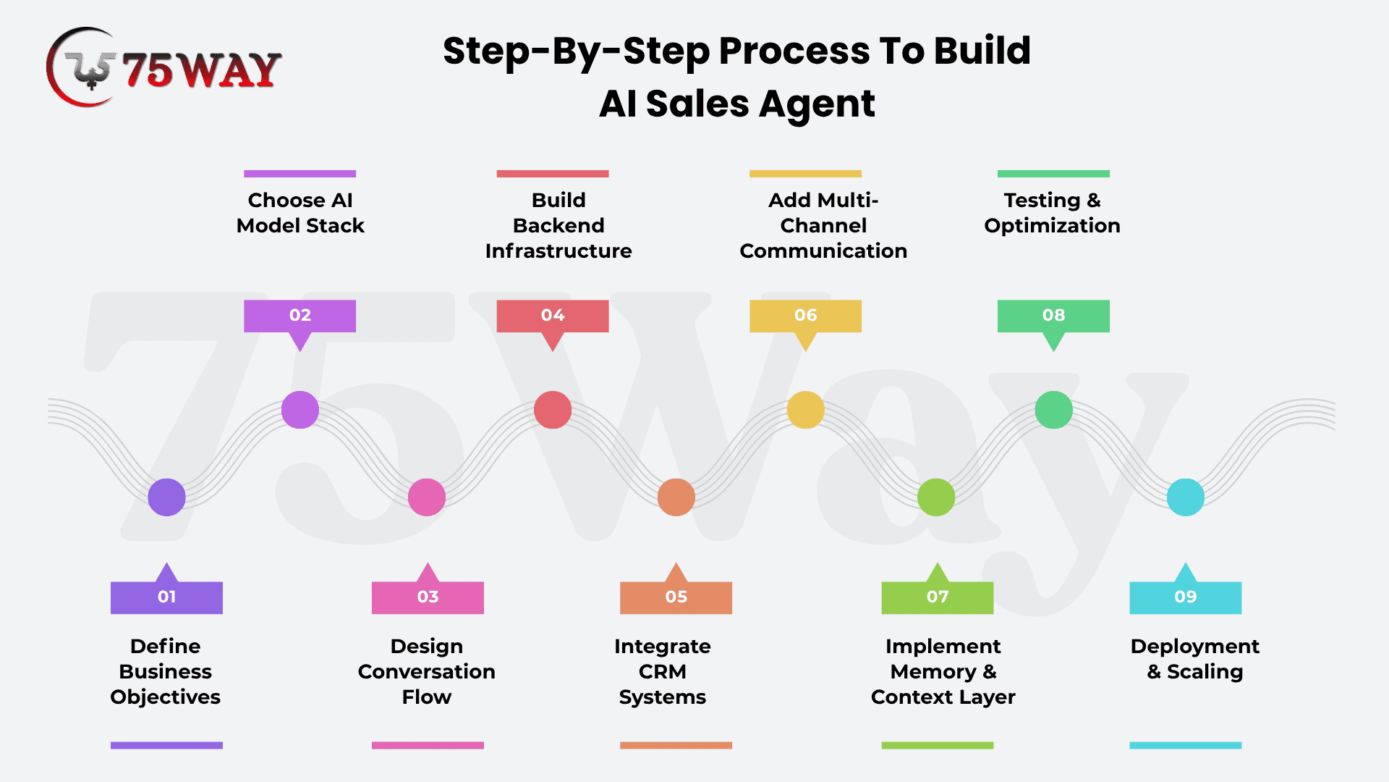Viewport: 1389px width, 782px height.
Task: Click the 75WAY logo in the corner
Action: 164,67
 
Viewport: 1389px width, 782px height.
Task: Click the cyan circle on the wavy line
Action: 1186,497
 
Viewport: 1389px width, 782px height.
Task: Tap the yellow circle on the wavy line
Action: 805,410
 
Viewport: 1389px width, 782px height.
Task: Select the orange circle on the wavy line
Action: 676,497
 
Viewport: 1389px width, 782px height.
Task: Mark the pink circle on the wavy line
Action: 427,497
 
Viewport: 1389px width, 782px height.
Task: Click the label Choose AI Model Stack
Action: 300,213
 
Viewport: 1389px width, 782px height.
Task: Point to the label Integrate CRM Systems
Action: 663,671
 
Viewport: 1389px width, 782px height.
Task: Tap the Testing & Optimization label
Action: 1053,213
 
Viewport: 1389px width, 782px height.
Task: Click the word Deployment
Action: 1195,647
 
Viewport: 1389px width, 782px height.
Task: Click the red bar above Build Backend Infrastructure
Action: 553,174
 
